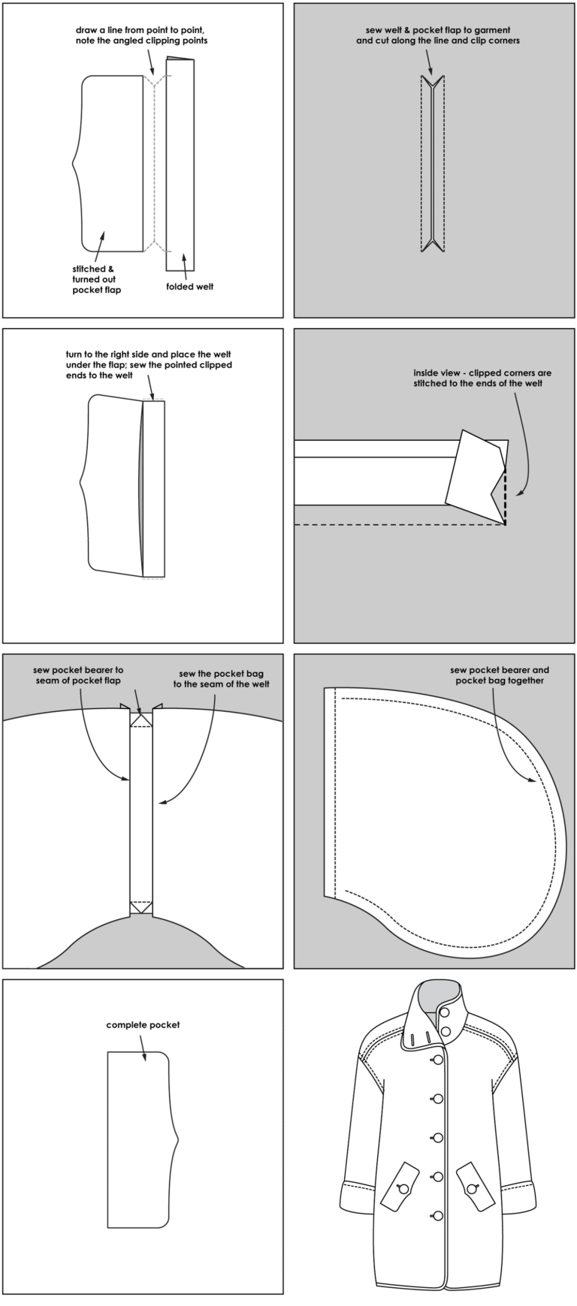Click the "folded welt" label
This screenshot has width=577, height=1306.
pyautogui.click(x=189, y=286)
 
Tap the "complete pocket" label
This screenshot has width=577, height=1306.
pyautogui.click(x=143, y=1024)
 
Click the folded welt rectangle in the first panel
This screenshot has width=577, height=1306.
pyautogui.click(x=180, y=165)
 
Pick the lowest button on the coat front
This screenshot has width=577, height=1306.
pyautogui.click(x=438, y=1216)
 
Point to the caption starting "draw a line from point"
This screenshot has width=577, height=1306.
pyautogui.click(x=141, y=35)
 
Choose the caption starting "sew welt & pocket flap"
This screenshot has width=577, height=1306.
pyautogui.click(x=437, y=35)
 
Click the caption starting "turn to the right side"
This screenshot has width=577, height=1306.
pyautogui.click(x=148, y=364)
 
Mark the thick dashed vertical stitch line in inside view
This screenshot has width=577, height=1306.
pyautogui.click(x=505, y=496)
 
